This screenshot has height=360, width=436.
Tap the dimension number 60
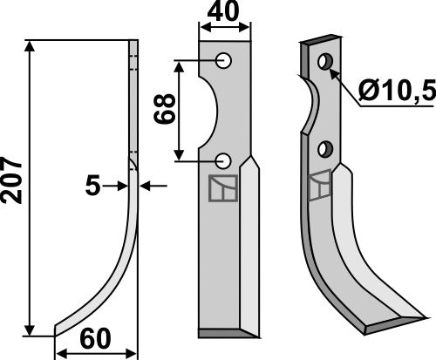pos(97,338)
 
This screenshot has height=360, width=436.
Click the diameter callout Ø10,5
pos(394,88)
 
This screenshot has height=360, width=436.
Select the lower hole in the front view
pos(224,160)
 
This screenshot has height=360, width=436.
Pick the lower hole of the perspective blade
pos(326,147)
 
